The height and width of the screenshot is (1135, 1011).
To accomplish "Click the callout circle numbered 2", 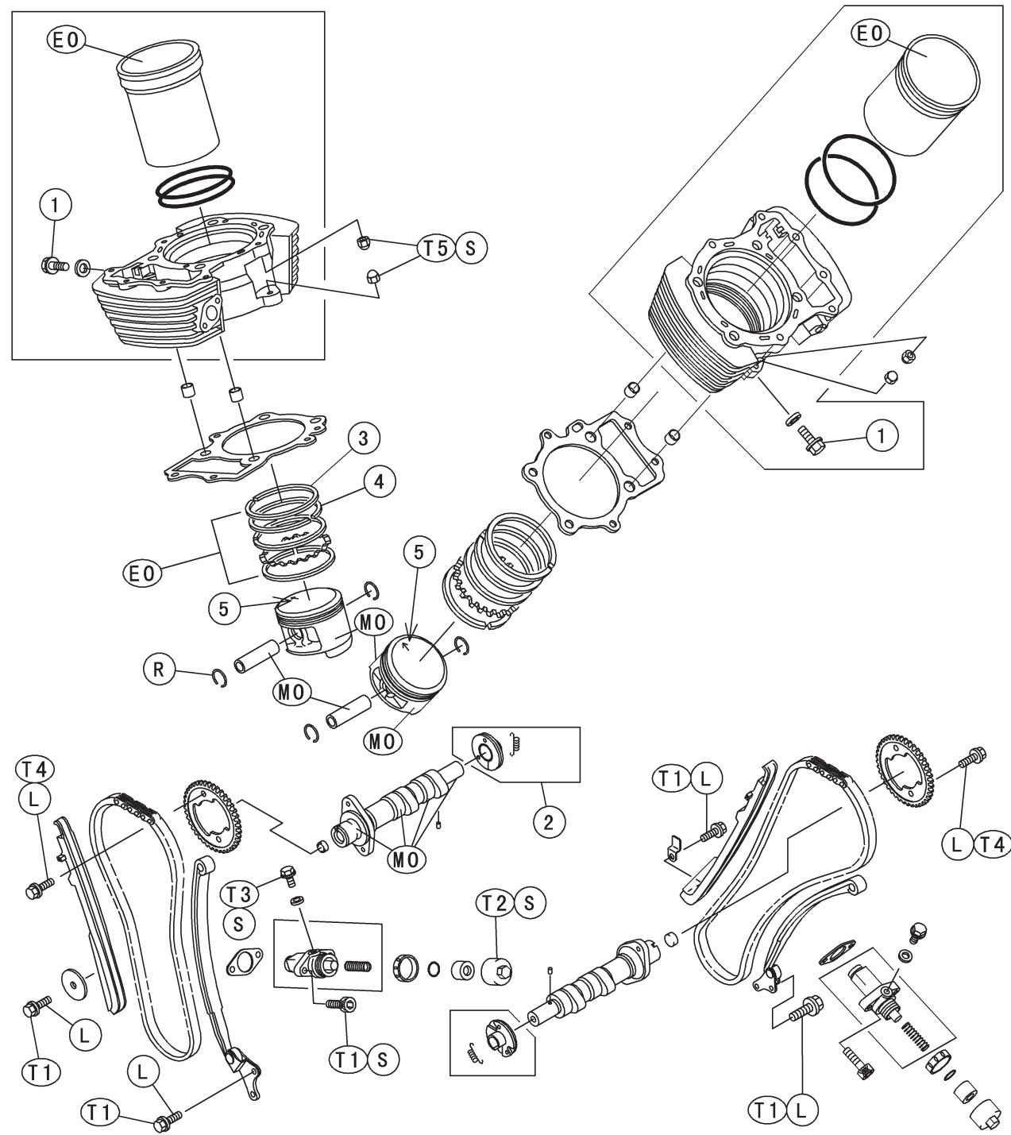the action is [548, 822].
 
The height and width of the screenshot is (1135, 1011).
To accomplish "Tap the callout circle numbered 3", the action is [363, 438].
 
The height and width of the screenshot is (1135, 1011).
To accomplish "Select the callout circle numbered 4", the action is [379, 481].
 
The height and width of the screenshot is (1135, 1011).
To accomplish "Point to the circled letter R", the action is [159, 669].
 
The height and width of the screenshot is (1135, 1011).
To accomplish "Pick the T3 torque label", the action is [239, 894].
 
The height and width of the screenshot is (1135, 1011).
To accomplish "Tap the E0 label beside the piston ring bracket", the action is [141, 573].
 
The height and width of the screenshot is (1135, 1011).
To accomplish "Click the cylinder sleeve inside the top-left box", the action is [168, 103].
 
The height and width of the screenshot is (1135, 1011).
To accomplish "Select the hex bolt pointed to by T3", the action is [288, 876].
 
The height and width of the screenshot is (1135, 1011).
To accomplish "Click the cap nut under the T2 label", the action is [497, 971].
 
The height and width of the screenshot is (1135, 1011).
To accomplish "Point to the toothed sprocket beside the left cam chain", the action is [213, 817].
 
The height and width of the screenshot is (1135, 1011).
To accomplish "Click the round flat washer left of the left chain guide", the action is [77, 982].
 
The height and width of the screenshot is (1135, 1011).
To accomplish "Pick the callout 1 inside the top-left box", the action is [55, 205].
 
